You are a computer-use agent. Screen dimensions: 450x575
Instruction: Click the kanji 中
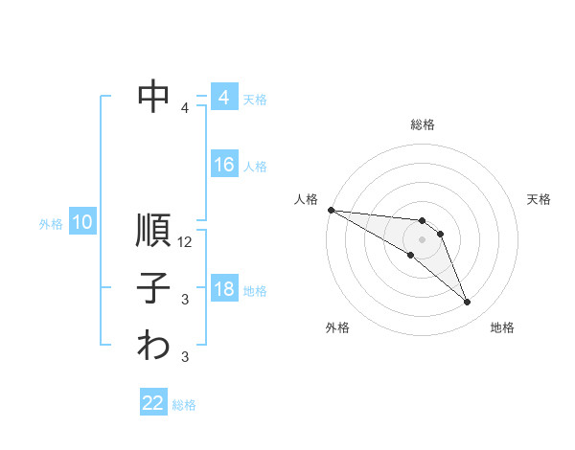coord(154,96)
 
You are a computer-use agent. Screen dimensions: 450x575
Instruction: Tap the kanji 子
coord(154,288)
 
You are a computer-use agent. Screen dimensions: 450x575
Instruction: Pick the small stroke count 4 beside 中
coord(185,108)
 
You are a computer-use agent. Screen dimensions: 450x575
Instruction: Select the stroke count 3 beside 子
coord(185,300)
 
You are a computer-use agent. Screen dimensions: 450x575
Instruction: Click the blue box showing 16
coord(224,166)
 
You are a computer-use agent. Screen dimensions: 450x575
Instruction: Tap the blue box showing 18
coord(224,289)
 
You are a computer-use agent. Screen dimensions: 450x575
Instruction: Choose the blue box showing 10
coord(82,223)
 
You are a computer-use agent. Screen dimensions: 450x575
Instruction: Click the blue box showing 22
coord(153,404)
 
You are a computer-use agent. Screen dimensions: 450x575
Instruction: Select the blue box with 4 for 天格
coord(224,98)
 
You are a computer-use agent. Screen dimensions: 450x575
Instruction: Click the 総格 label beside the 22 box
coord(185,405)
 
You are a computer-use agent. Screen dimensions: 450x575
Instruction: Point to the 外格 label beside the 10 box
coord(51,224)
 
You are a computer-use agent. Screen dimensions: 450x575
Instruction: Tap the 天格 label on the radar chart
coord(540,199)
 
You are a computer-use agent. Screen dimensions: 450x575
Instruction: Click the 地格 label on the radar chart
coord(502,327)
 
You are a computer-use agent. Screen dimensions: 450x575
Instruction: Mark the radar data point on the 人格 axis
coord(331,209)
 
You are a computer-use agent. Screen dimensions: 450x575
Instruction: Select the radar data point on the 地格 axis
coord(467,303)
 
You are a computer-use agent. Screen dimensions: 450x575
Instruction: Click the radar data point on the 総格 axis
coord(423,221)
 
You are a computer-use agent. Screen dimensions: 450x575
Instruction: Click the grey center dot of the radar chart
coord(423,239)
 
